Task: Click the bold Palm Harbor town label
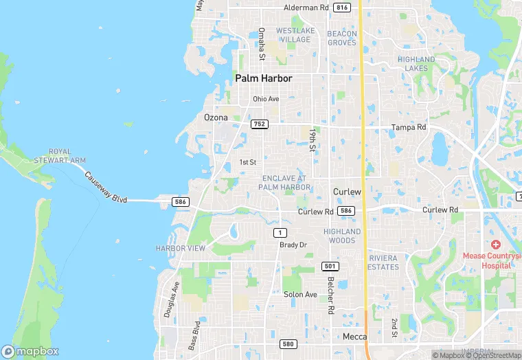[x=264, y=78]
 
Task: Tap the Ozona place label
[x=216, y=117]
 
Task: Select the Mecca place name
[x=354, y=337]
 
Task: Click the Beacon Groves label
[x=342, y=38]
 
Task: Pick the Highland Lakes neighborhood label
[x=416, y=64]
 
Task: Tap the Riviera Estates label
[x=383, y=262]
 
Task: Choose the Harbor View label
[x=181, y=248]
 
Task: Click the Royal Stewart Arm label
[x=67, y=156]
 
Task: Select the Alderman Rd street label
[x=306, y=8]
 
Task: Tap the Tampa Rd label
[x=409, y=127]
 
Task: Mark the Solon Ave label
[x=300, y=295]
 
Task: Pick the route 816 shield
[x=342, y=8]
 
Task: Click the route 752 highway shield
[x=259, y=124]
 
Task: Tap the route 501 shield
[x=329, y=266]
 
